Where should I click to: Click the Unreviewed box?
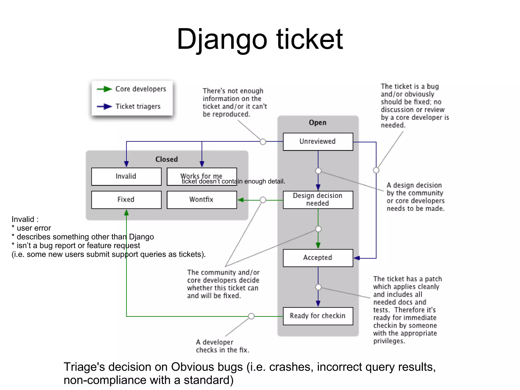318,142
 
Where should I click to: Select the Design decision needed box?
318,200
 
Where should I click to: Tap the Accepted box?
318,258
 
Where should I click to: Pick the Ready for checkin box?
318,316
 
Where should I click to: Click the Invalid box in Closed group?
126,176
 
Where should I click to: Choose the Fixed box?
126,200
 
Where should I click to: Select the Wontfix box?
202,200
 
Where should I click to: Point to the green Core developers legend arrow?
104,89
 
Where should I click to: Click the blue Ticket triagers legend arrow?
104,106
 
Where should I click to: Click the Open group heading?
318,123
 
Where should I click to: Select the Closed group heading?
167,159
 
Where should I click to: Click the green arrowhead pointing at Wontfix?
241,200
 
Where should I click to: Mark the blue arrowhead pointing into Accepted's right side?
357,258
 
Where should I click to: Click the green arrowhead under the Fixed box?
126,213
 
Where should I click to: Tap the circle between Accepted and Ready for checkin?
318,287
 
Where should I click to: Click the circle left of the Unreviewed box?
263,142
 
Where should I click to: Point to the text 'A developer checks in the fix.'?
222,346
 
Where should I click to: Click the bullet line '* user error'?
31,228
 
